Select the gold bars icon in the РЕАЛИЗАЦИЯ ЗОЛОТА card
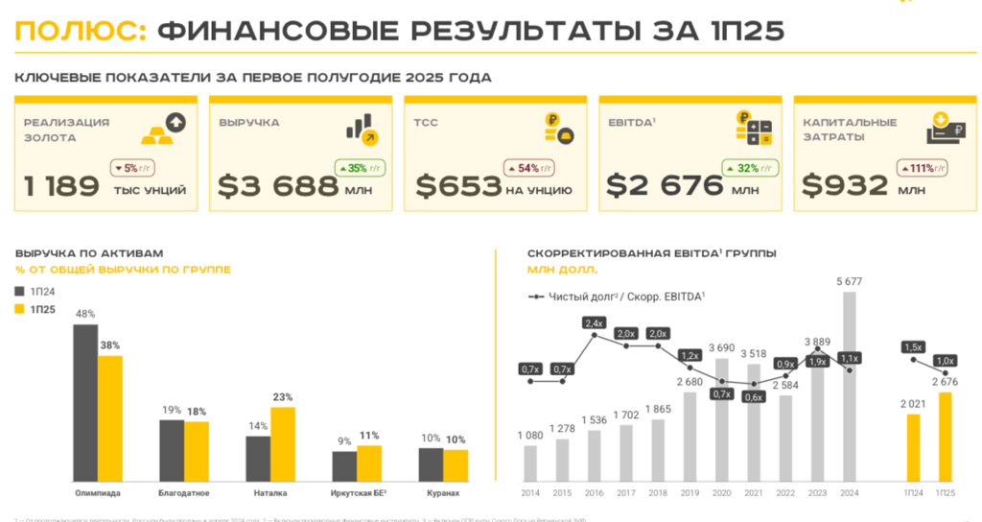tap(155, 135)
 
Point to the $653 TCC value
tap(457, 185)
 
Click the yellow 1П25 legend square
tap(19, 309)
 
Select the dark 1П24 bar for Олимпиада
tap(85, 402)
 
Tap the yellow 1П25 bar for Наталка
tap(283, 444)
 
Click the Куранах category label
tap(443, 493)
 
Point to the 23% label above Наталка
tap(282, 397)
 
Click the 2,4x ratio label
tap(595, 322)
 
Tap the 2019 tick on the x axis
tap(690, 493)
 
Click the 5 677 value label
tap(849, 281)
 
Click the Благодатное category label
tap(184, 493)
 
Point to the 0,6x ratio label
tap(754, 396)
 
